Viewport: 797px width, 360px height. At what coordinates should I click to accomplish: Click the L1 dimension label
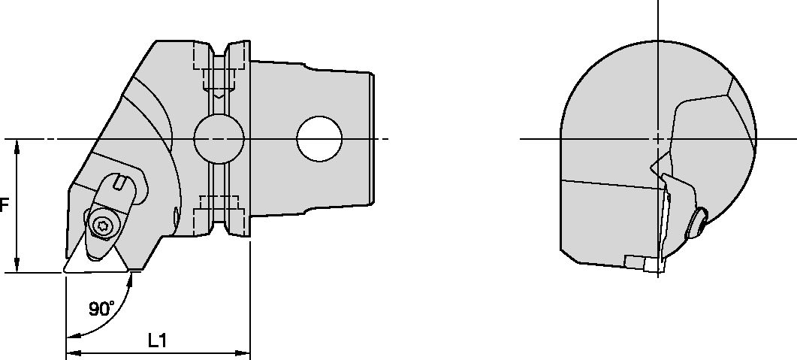[x=158, y=340]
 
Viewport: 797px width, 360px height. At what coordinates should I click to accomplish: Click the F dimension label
[x=4, y=205]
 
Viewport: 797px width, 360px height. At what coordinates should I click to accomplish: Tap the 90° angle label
[x=102, y=309]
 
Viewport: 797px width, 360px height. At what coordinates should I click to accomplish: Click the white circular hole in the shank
[x=319, y=139]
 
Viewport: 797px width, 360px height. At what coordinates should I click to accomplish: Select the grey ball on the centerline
[x=219, y=139]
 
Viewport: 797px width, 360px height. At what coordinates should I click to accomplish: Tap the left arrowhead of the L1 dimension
[x=73, y=352]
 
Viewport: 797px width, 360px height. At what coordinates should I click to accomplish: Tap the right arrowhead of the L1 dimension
[x=243, y=352]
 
